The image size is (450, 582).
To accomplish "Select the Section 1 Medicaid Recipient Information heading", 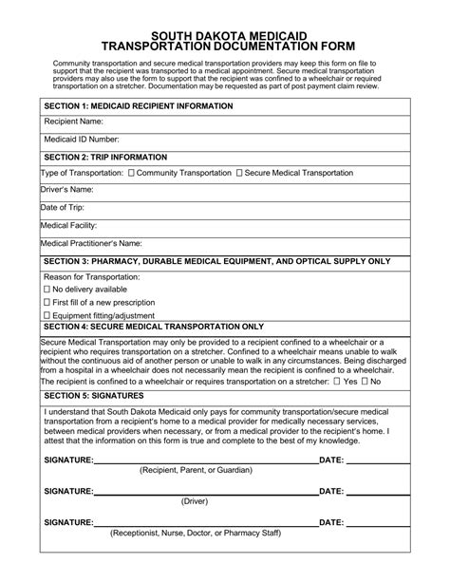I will (x=139, y=105).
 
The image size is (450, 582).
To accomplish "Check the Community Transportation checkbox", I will (x=131, y=173).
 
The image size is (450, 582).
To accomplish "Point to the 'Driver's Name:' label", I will (x=66, y=190).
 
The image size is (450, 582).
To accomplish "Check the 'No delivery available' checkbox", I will (x=47, y=289).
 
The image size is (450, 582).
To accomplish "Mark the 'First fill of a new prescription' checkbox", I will (x=47, y=302).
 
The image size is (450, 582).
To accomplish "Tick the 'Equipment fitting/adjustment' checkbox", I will (x=47, y=315).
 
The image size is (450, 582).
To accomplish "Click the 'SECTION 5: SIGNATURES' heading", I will (x=93, y=394).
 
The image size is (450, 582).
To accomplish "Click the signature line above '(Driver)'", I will (x=205, y=492).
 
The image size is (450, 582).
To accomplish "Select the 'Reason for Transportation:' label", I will (x=92, y=276).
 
